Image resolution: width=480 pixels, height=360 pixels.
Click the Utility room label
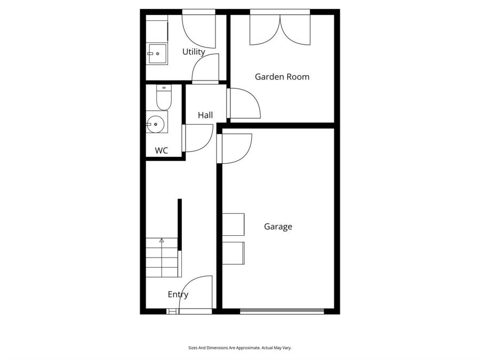pos(194,52)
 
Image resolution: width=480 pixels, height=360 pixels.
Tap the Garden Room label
pos(282,76)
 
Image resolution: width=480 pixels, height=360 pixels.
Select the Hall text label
pos(205,115)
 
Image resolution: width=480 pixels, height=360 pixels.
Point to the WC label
pos(161,150)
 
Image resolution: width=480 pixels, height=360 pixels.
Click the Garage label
pos(278,227)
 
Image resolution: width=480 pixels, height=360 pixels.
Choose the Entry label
pos(178,294)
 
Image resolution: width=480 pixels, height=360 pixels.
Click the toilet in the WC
pos(164,98)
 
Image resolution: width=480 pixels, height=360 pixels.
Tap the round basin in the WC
pos(155,124)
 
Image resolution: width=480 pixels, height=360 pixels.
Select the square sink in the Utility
pos(158,54)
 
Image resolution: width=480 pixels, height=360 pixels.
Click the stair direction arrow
pos(162,241)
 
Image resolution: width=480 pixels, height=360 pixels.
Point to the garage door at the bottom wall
pos(282,311)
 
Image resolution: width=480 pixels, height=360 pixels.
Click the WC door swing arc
pos(206,142)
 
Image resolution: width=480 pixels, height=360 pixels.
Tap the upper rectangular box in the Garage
pos(233,225)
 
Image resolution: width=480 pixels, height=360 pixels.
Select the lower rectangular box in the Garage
pos(233,253)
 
